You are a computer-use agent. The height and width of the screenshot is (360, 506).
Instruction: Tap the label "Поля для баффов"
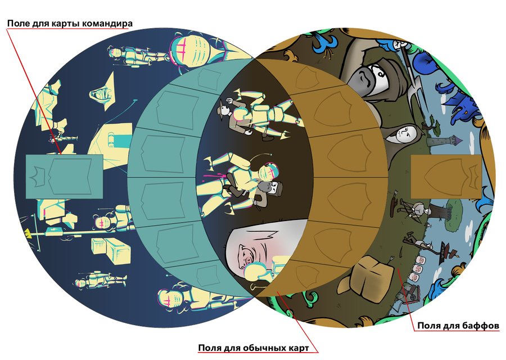458,326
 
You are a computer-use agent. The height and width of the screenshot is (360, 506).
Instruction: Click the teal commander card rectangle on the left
64,176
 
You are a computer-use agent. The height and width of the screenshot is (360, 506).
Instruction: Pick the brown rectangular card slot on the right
446,177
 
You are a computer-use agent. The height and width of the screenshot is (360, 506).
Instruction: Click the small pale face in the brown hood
406,134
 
